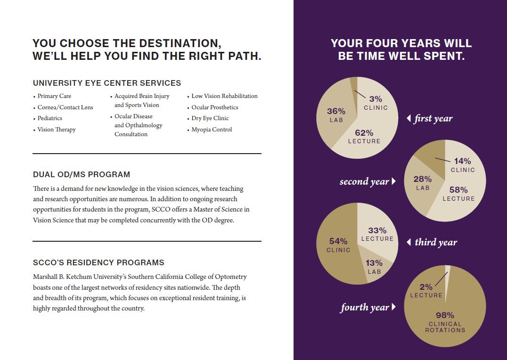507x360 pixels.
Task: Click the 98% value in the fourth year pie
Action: tap(445, 315)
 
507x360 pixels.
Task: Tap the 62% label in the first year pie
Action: tap(364, 133)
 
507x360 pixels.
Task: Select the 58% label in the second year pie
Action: tap(458, 190)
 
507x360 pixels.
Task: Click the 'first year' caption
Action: tap(433, 119)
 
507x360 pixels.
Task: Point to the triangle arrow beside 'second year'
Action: tap(393, 181)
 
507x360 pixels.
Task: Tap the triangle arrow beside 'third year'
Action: tap(409, 242)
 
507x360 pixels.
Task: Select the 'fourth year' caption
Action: tap(365, 308)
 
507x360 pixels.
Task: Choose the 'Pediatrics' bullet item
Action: tap(50, 118)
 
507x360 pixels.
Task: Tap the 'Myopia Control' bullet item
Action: tap(212, 130)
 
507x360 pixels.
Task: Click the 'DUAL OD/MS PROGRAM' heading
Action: tap(82, 174)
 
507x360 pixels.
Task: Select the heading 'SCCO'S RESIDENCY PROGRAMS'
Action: tap(98, 262)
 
